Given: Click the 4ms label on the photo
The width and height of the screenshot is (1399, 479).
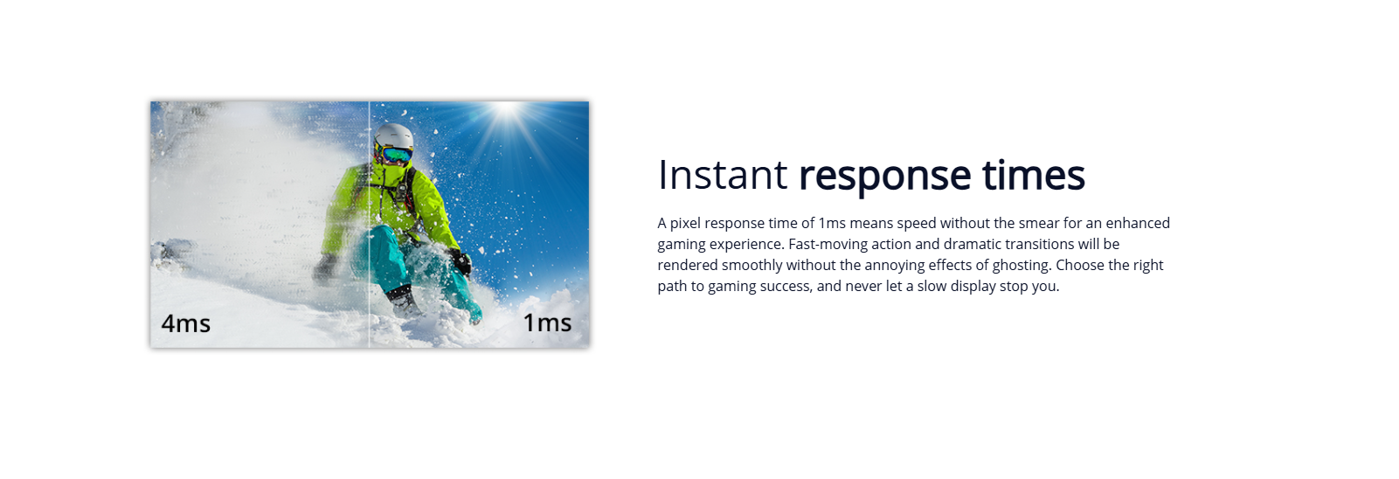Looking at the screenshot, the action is tap(185, 323).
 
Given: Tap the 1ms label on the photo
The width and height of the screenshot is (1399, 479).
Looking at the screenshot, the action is tap(547, 323).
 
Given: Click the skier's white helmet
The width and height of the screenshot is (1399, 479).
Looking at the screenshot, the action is tap(394, 136).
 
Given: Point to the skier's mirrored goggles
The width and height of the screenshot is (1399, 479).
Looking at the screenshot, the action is tap(396, 154).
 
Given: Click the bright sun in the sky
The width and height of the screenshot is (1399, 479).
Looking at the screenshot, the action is tap(507, 111).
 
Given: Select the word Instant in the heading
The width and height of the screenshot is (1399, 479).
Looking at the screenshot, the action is tap(723, 175).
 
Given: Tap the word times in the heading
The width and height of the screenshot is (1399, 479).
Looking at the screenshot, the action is tap(1034, 175).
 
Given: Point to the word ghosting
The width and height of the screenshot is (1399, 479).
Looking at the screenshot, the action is tap(1022, 266).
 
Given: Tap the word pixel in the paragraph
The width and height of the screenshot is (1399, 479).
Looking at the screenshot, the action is tap(685, 224).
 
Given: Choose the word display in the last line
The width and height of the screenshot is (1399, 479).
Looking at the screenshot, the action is tap(971, 286).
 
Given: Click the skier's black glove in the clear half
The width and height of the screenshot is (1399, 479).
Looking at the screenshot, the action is tap(461, 261).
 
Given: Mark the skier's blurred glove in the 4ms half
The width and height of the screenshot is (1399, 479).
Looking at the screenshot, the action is tap(325, 268).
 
